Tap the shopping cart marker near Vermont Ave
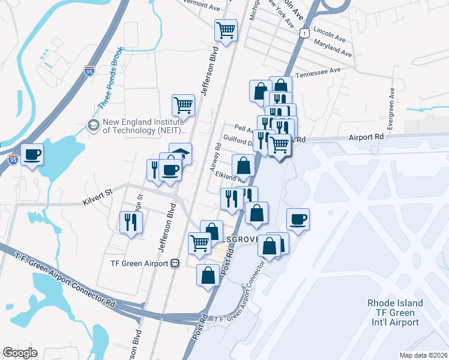(226, 31)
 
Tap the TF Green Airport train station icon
(175, 263)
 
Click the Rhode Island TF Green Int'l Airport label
(395, 313)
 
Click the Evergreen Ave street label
(391, 110)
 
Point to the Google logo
(20, 353)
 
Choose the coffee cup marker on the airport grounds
(297, 219)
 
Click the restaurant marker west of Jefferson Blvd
(130, 223)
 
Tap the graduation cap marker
(180, 152)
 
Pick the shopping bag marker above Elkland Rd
(243, 165)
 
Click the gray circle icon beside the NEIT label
(93, 125)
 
